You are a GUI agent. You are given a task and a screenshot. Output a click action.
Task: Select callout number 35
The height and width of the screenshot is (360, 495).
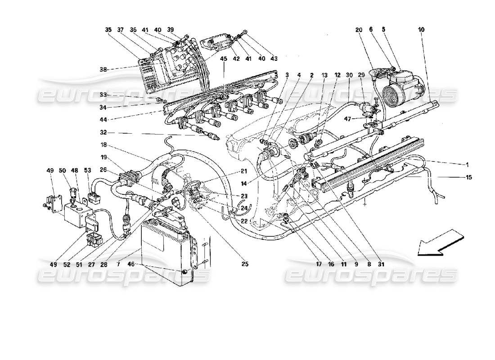108,30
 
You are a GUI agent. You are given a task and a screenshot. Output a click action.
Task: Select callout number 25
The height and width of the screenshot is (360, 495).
245,264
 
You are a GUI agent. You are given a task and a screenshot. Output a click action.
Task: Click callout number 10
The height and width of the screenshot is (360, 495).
421,30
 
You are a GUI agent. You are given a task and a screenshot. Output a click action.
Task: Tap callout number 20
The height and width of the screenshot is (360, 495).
359,30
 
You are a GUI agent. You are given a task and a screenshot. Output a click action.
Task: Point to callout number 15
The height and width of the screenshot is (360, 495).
469,177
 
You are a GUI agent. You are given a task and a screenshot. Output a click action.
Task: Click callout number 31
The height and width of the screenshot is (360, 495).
382,264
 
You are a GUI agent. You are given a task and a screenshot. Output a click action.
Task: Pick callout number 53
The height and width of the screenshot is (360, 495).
87,170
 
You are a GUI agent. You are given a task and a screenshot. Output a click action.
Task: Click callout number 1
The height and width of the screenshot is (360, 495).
468,164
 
